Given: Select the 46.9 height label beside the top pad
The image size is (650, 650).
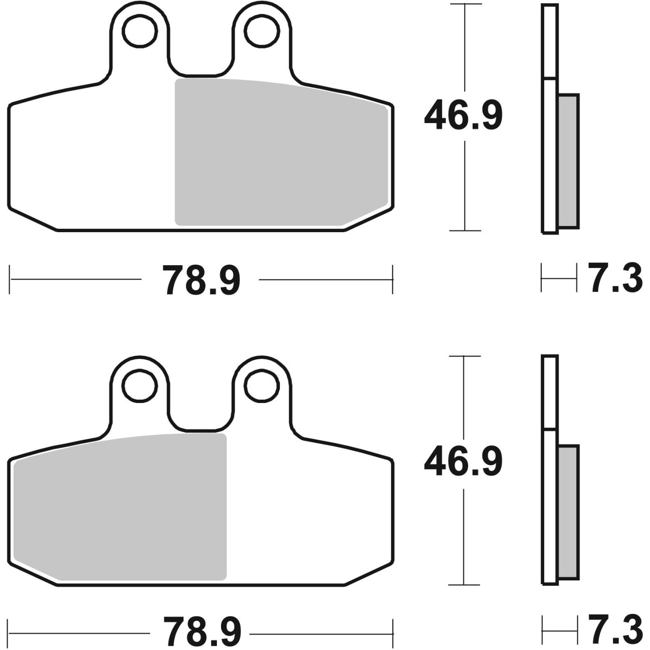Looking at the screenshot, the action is tap(463, 115).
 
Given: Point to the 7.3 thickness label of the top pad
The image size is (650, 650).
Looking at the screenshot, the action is tap(615, 279).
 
